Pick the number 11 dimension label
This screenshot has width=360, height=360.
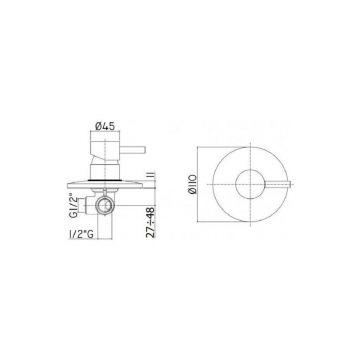148,174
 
